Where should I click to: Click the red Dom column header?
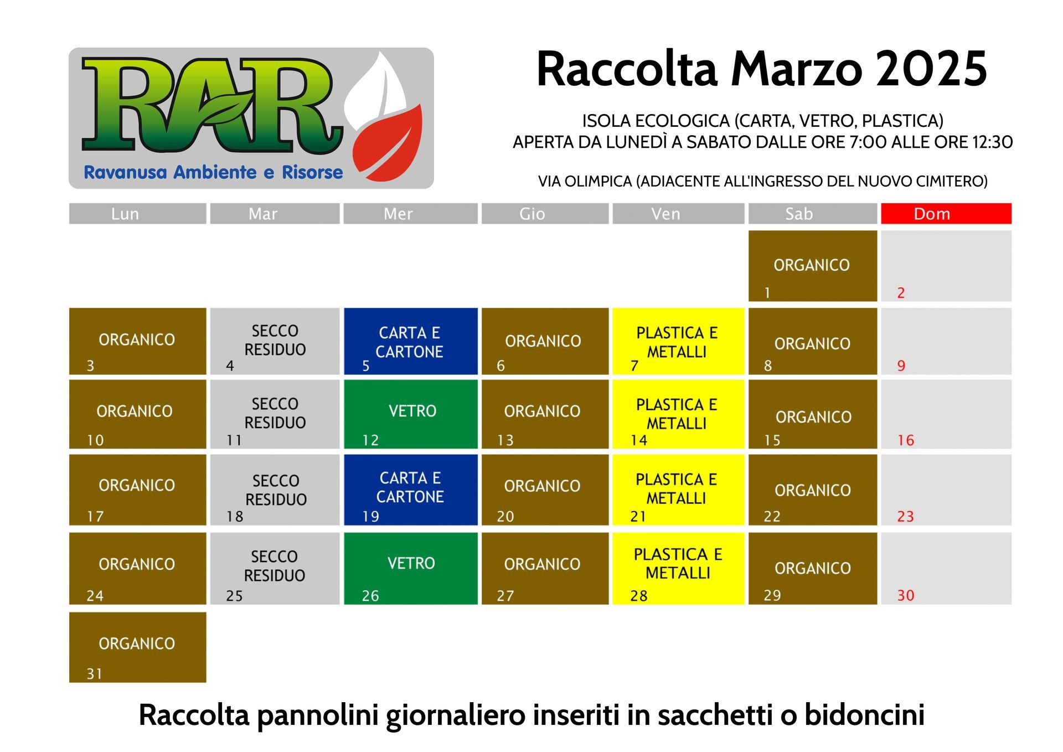click(946, 214)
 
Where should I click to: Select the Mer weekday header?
click(410, 214)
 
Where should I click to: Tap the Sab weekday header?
click(812, 214)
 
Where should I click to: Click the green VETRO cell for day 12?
click(410, 414)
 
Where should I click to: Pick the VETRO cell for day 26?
click(410, 568)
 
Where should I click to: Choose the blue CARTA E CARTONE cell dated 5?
click(410, 341)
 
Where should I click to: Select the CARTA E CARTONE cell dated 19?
click(410, 490)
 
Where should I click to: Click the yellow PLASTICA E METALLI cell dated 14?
click(678, 414)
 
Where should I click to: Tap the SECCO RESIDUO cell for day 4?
click(275, 341)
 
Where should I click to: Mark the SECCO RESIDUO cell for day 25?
click(275, 568)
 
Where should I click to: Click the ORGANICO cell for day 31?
click(137, 647)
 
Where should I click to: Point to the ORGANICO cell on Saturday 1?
click(812, 266)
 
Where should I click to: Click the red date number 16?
click(906, 440)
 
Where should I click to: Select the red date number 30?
click(906, 595)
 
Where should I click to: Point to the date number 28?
click(639, 596)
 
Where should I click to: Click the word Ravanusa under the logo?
click(125, 172)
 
